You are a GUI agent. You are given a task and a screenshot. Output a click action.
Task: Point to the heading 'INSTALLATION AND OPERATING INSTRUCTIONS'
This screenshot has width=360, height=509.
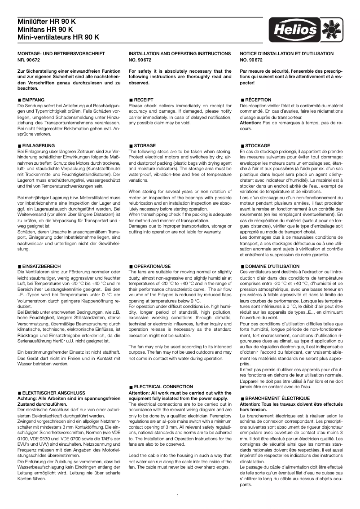[178, 53]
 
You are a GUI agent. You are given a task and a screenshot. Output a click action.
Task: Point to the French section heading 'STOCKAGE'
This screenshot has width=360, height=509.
[258, 146]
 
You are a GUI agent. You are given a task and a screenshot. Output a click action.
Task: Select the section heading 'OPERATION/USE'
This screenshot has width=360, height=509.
[152, 266]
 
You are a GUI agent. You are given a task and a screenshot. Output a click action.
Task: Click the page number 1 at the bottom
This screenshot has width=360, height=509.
[178, 496]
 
